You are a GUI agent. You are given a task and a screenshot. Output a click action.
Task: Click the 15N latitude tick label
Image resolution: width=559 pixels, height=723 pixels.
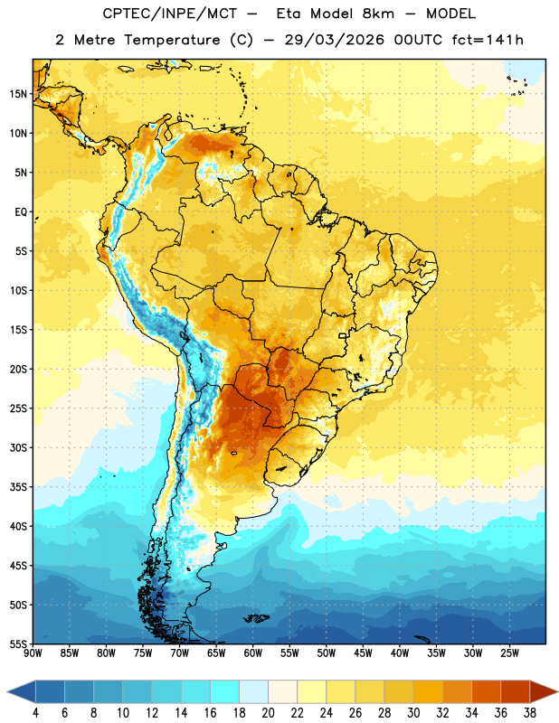coord(18,94)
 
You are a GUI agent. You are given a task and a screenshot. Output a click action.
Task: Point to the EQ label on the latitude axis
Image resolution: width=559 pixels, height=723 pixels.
coord(21,212)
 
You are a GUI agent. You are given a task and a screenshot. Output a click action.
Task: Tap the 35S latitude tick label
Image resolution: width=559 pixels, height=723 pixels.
coord(18,487)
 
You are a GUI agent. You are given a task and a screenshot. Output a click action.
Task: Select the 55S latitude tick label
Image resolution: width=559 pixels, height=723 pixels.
coord(18,643)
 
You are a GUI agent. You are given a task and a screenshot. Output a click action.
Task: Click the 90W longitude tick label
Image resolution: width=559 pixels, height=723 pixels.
coord(33,653)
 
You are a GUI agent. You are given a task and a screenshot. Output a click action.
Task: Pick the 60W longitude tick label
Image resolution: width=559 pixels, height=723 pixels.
coord(253,653)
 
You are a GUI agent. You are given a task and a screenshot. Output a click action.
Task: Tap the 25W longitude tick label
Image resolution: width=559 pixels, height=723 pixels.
coord(509,653)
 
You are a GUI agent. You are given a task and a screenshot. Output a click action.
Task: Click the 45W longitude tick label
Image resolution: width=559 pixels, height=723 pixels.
coord(363,653)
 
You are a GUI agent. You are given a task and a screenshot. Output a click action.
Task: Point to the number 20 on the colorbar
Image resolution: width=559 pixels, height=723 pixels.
coord(268,713)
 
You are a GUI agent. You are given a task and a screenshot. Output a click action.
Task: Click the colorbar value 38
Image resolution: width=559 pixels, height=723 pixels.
coord(530,713)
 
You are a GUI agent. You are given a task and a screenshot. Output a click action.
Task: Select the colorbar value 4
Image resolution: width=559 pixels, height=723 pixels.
coord(35,713)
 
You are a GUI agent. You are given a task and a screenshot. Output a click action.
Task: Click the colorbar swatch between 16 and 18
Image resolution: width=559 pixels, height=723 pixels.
coord(224,691)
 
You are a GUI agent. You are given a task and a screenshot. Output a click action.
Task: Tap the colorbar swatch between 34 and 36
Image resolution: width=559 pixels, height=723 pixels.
coord(486,691)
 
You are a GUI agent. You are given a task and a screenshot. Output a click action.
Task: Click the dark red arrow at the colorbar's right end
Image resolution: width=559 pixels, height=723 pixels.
coord(542,691)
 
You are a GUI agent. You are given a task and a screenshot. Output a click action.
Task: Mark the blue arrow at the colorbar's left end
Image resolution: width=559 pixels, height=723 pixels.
coord(22,691)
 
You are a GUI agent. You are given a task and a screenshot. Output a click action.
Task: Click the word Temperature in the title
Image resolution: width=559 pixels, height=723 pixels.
coord(172,40)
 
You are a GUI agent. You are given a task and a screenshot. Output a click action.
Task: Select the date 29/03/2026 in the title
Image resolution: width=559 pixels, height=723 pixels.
coord(334,40)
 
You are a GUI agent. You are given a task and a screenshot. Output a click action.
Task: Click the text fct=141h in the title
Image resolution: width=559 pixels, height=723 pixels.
coord(488,40)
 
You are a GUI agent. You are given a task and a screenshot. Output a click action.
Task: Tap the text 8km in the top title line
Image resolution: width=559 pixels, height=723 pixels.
coord(378,14)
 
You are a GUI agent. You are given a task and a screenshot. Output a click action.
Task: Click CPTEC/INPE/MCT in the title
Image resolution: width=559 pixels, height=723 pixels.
coord(169,14)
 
